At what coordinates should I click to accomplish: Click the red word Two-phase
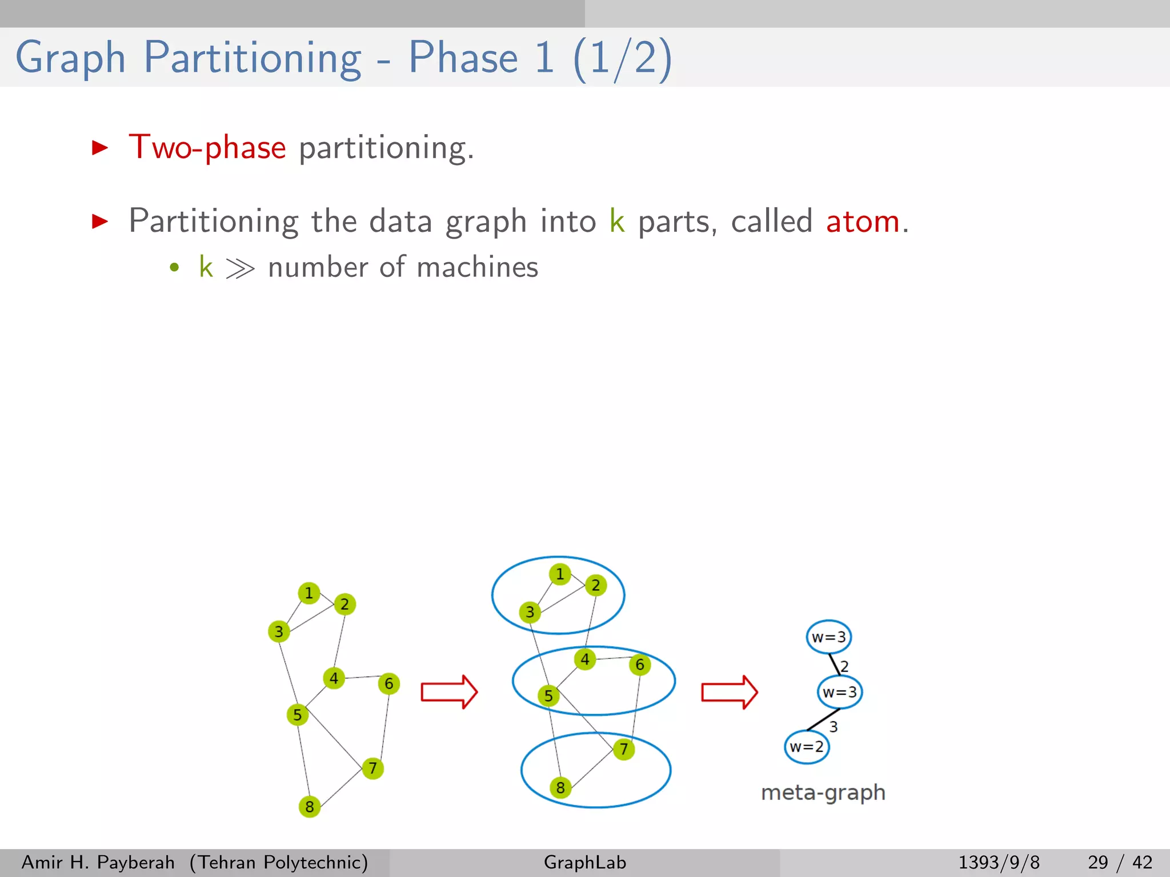207,148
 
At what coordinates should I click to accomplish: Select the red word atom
863,222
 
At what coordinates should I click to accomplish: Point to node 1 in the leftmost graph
309,593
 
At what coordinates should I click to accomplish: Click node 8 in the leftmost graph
310,807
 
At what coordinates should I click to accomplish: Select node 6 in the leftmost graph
389,683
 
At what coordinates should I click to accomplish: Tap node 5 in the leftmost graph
297,715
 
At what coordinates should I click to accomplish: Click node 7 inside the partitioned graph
624,749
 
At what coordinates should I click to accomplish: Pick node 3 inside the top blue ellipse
530,612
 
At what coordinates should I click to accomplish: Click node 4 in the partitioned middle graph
585,659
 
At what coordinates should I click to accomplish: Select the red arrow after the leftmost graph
449,692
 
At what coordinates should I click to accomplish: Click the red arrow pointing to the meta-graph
730,692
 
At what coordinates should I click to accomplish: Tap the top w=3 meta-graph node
829,637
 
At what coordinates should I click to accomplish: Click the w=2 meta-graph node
807,747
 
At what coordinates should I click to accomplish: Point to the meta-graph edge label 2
844,666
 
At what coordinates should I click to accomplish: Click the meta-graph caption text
823,792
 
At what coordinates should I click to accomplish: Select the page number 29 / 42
1120,862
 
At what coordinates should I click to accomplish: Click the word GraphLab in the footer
585,862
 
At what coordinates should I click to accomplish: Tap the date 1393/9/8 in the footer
999,862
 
